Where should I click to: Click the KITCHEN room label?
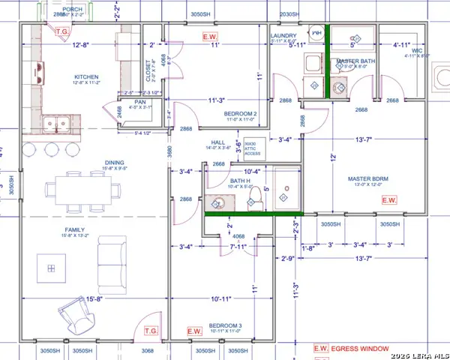point(86,77)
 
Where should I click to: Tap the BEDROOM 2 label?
point(241,114)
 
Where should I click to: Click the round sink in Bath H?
point(218,203)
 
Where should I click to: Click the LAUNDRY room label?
point(284,35)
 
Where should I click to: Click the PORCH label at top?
point(72,9)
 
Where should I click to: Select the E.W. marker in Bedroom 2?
point(211,35)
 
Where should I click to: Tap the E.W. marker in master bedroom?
point(389,200)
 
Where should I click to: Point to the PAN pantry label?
point(139,102)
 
